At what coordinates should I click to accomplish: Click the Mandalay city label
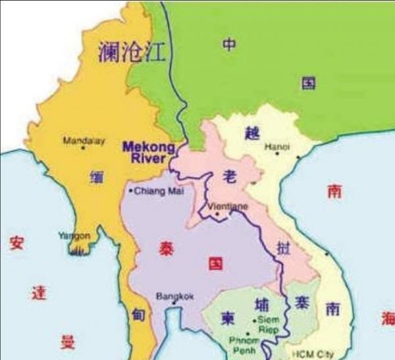(x=83, y=140)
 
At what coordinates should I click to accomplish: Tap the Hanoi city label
(x=276, y=147)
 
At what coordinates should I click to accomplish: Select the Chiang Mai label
(x=157, y=191)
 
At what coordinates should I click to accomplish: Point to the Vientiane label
(x=227, y=206)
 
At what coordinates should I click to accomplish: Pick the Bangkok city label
(x=174, y=296)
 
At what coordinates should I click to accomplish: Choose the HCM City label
(x=312, y=354)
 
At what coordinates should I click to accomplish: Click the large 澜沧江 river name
(x=132, y=51)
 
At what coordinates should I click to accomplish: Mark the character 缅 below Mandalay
(x=95, y=176)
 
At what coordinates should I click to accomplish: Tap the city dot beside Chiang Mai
(x=130, y=191)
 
